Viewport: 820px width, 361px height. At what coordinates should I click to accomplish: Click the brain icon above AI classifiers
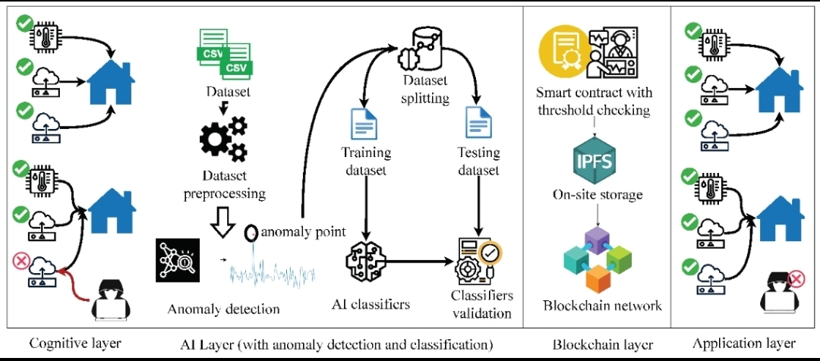[x=366, y=262]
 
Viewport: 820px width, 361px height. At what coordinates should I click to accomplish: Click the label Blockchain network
[x=602, y=306]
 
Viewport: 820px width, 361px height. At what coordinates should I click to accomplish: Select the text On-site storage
[x=598, y=195]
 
